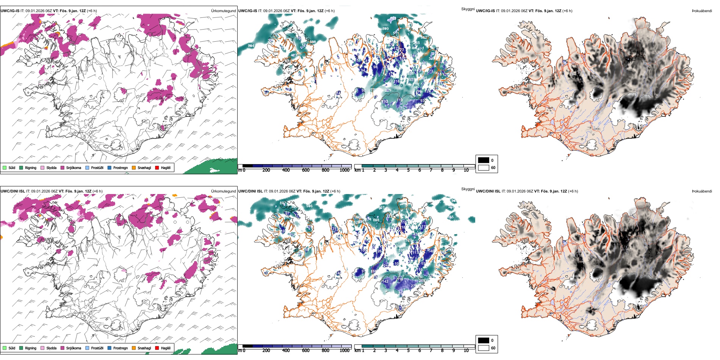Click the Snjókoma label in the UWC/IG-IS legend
pyautogui.click(x=74, y=167)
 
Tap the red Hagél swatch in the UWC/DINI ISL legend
pyautogui.click(x=157, y=348)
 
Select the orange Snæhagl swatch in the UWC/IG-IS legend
pyautogui.click(x=134, y=167)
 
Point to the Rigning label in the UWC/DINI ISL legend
pyautogui.click(x=31, y=348)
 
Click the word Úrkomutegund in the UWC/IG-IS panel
pyautogui.click(x=223, y=11)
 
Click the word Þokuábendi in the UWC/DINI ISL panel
pyautogui.click(x=702, y=191)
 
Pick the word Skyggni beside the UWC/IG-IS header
pyautogui.click(x=468, y=9)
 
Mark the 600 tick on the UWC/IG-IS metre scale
pyautogui.click(x=306, y=170)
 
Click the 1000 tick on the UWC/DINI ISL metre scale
pyautogui.click(x=344, y=351)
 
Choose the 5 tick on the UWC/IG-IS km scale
pyautogui.click(x=408, y=170)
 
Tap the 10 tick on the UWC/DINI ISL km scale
pyautogui.click(x=466, y=351)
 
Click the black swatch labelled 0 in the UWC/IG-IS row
pyautogui.click(x=484, y=160)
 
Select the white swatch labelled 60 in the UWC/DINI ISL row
pyautogui.click(x=484, y=348)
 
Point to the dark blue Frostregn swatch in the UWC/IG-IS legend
pyautogui.click(x=109, y=167)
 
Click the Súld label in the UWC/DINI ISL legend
pyautogui.click(x=12, y=348)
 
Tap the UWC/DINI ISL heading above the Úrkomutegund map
pyautogui.click(x=13, y=191)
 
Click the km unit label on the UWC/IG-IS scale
pyautogui.click(x=357, y=170)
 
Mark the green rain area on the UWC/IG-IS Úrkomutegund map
pyautogui.click(x=220, y=167)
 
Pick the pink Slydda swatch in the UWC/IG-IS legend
pyautogui.click(x=42, y=167)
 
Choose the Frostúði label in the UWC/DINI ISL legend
pyautogui.click(x=97, y=348)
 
